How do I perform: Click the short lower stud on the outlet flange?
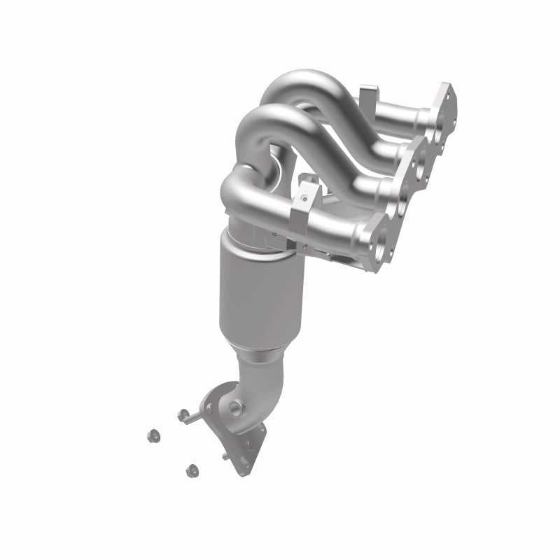tap(225, 456)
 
